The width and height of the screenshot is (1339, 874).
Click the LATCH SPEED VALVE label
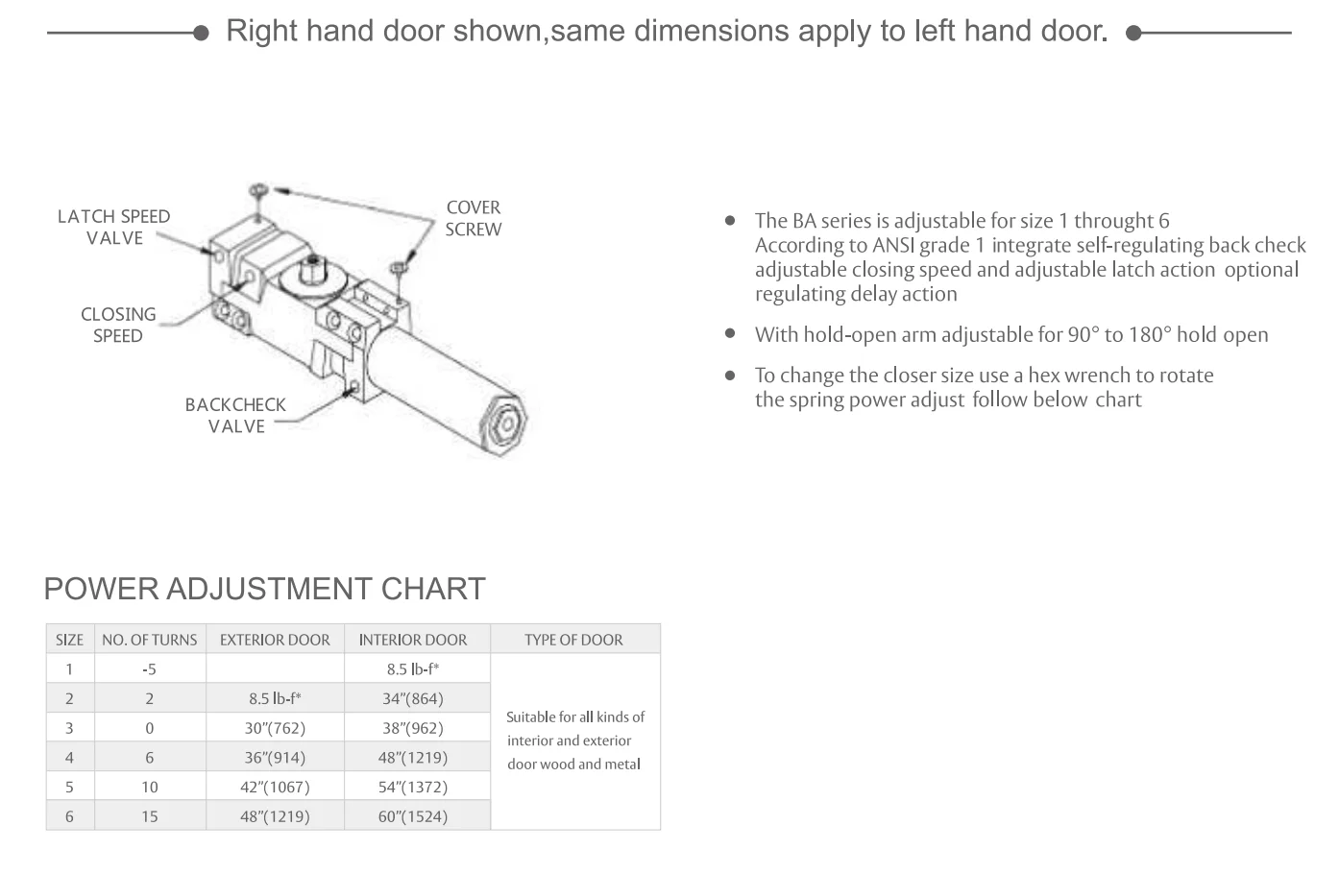(113, 228)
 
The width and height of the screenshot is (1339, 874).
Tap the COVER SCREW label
(473, 218)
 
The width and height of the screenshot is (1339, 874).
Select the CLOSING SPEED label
(117, 325)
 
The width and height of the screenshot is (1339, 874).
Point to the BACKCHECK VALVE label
(235, 415)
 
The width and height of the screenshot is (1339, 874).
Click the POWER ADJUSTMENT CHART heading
(265, 589)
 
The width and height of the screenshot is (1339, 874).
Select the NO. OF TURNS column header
(149, 640)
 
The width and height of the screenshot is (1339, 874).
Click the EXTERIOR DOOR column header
(275, 640)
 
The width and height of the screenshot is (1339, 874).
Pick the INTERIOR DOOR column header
(413, 640)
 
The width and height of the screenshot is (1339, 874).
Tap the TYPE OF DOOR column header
(573, 640)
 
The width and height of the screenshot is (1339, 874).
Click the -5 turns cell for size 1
(149, 669)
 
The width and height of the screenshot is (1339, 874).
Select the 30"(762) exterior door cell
(275, 728)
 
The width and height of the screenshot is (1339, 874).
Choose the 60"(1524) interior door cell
(413, 816)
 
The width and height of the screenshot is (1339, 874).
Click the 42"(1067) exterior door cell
(275, 787)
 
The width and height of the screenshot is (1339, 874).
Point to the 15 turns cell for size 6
(149, 816)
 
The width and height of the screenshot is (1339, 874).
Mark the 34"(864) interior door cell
(413, 698)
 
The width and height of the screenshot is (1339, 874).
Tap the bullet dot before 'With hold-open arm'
(730, 333)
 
